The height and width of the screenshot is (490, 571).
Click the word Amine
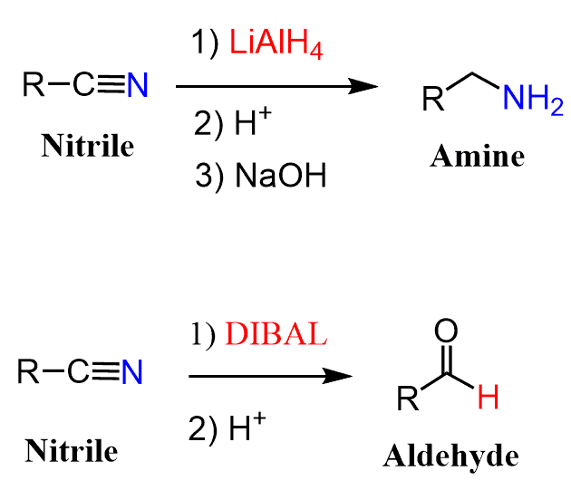pyautogui.click(x=477, y=156)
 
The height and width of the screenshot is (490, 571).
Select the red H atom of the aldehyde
pyautogui.click(x=488, y=398)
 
